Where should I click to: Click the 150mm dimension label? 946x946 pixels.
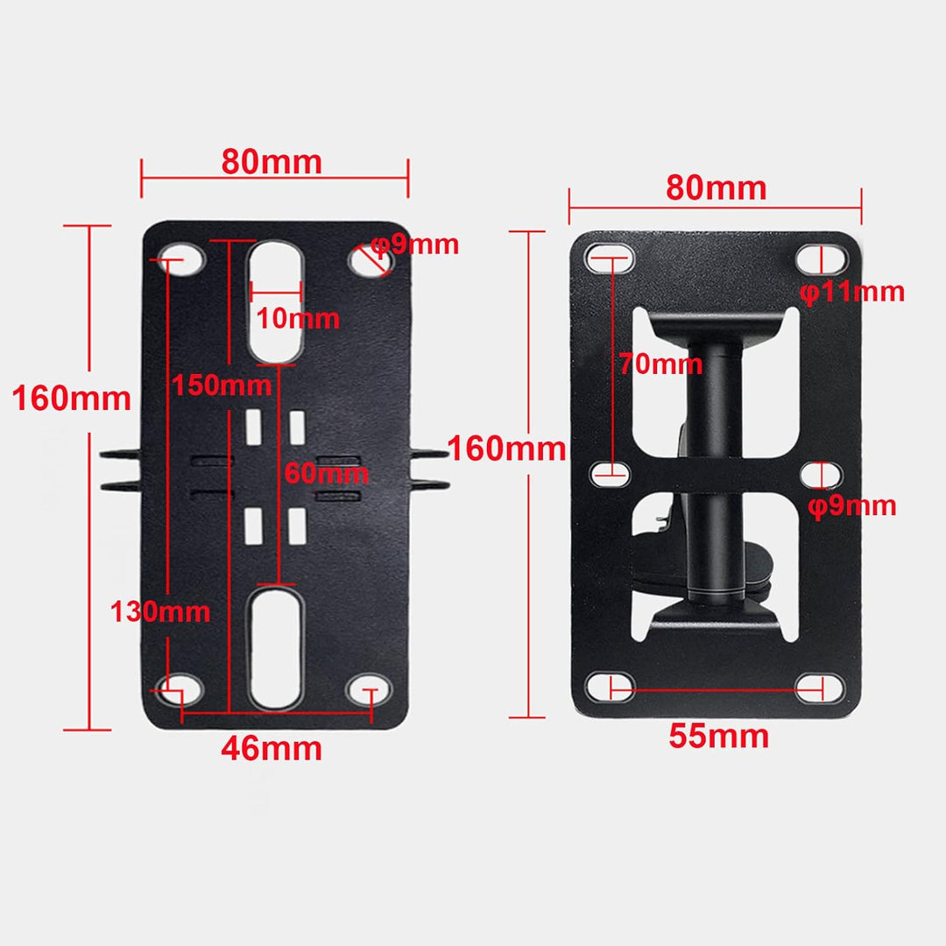[x=222, y=385]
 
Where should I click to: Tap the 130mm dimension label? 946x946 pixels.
[x=160, y=611]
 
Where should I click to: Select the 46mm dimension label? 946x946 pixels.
[x=272, y=749]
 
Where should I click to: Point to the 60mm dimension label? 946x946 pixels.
[x=327, y=473]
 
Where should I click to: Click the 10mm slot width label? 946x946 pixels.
[x=298, y=318]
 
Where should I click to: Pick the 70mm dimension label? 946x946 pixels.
[x=660, y=364]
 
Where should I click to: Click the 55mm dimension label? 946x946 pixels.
[x=718, y=736]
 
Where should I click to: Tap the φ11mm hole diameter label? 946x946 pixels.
[x=852, y=292]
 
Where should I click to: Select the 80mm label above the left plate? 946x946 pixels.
[x=272, y=162]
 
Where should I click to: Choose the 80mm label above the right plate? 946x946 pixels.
[x=717, y=187]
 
